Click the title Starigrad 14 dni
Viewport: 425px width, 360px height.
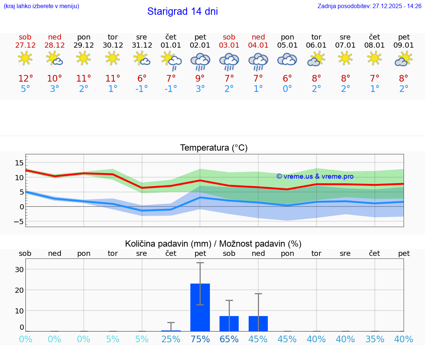pyautogui.click(x=182, y=11)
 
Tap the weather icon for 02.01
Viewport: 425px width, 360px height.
pyautogui.click(x=200, y=61)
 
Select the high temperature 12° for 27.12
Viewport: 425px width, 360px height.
pyautogui.click(x=25, y=78)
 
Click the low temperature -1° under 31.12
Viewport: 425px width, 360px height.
pyautogui.click(x=142, y=89)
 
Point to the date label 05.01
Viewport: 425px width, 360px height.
pyautogui.click(x=287, y=45)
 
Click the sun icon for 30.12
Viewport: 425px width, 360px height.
pyautogui.click(x=113, y=58)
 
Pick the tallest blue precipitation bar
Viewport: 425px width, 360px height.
pyautogui.click(x=200, y=307)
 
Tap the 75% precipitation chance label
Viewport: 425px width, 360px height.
pyautogui.click(x=200, y=339)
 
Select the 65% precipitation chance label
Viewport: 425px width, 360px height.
pyautogui.click(x=229, y=339)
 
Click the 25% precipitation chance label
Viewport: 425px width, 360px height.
pyautogui.click(x=171, y=339)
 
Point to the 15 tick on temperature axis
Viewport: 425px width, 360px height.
pyautogui.click(x=19, y=163)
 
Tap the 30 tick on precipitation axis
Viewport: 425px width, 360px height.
pyautogui.click(x=19, y=269)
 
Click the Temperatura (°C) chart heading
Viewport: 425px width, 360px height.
pyautogui.click(x=214, y=148)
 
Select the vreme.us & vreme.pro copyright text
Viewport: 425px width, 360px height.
pyautogui.click(x=315, y=176)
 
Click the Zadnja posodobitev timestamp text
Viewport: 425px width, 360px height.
pyautogui.click(x=369, y=6)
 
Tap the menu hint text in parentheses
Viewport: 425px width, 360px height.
pyautogui.click(x=41, y=6)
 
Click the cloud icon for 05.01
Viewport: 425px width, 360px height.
pyautogui.click(x=287, y=59)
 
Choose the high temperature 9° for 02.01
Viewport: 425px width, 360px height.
pyautogui.click(x=200, y=78)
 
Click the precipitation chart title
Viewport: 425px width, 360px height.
pyautogui.click(x=213, y=244)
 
